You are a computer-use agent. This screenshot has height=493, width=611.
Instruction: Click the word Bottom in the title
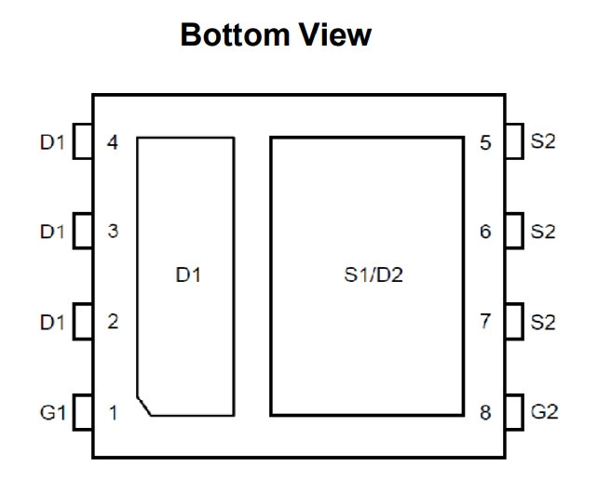pos(234,35)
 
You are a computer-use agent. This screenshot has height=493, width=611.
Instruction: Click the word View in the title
pos(334,35)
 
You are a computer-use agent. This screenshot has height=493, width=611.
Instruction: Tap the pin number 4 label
pos(113,142)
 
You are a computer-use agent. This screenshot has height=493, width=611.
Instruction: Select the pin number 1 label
pos(114,413)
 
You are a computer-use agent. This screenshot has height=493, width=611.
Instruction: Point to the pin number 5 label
pos(485,143)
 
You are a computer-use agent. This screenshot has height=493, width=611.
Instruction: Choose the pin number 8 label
pos(485,413)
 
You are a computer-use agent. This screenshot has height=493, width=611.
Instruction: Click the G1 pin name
pos(52,412)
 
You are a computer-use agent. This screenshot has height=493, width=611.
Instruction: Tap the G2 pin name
pos(544,412)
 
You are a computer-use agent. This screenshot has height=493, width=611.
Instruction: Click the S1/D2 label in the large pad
pos(373,275)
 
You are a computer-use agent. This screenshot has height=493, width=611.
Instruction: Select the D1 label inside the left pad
pos(188,275)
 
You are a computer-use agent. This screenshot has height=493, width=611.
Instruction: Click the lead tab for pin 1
pos(83,412)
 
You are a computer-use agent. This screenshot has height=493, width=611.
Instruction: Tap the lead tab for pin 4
pos(83,141)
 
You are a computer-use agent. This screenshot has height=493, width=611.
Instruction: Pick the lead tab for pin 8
pos(514,412)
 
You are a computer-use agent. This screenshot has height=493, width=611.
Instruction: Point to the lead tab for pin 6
pos(514,231)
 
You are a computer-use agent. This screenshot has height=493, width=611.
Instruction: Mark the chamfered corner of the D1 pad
pos(143,406)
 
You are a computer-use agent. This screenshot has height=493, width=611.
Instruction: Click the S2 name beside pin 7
pos(543,322)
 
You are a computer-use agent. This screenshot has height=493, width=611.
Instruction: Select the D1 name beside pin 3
pos(52,232)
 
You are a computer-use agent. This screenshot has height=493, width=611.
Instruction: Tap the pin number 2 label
pos(113,322)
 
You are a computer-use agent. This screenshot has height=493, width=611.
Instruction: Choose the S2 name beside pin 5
pos(543,141)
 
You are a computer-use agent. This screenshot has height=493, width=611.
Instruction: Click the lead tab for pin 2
pos(83,322)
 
